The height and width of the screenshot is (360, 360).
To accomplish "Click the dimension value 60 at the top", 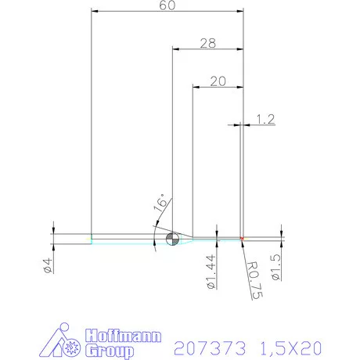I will tap(166, 5).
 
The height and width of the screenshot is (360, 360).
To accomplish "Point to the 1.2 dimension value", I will tap(265, 119).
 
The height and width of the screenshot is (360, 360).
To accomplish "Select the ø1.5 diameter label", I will tap(275, 267).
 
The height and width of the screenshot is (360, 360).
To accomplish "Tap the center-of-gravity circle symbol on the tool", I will tap(173, 239).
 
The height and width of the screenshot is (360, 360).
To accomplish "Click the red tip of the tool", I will tap(243, 238).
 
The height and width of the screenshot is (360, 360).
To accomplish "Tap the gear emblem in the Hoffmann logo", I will tap(75, 345).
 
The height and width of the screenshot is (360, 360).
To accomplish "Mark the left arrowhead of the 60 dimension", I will tap(95, 12).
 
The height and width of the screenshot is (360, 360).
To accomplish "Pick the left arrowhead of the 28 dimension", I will tap(175, 49).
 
